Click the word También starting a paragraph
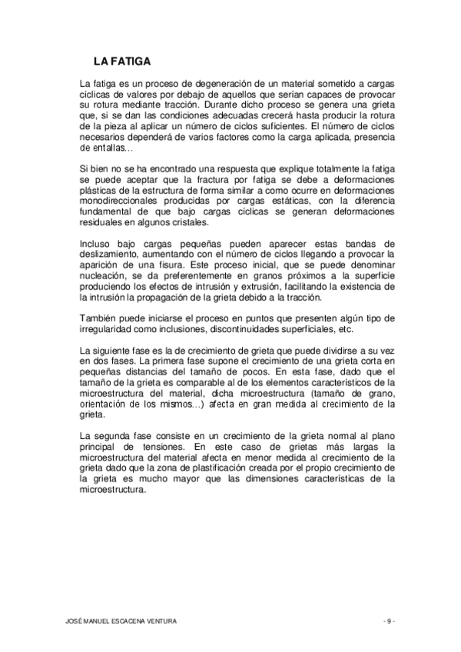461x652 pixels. pos(99,318)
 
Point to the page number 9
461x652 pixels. pos(389,620)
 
